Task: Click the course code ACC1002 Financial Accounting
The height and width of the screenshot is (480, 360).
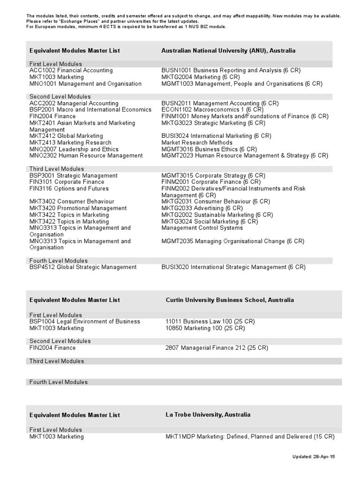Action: coord(71,70)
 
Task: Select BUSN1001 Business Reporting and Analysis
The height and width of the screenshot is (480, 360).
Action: coord(231,70)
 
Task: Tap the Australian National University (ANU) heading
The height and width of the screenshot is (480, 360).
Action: coord(228,51)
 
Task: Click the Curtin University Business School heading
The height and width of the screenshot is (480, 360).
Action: coord(230,300)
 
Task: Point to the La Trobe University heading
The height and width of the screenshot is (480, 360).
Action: coord(208,415)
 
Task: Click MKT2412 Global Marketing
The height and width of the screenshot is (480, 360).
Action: coord(66,136)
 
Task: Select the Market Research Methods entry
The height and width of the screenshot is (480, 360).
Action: coord(197,142)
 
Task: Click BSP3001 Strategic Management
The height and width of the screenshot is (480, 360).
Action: coord(73,176)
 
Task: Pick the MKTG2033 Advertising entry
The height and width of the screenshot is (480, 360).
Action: coord(202,208)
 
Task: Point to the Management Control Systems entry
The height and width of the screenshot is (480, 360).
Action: coord(202,228)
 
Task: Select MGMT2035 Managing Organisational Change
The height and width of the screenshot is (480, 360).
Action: coord(232,241)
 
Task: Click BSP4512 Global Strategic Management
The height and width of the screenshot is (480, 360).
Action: coord(83,267)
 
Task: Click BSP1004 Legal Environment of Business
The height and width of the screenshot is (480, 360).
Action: coord(84,322)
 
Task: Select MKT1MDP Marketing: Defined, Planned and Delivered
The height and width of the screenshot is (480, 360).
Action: coord(250,437)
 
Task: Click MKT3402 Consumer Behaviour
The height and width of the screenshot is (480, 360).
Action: coord(72,202)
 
